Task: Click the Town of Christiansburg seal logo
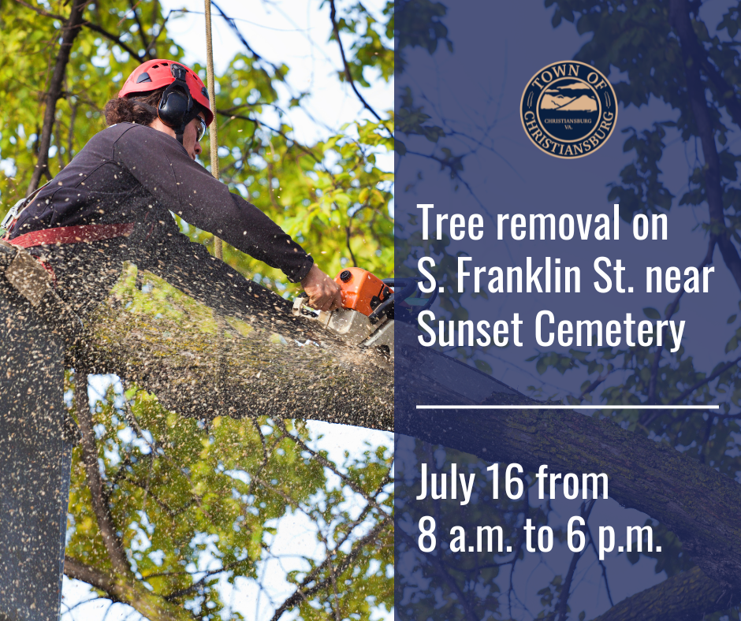[568, 110]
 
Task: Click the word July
[447, 484]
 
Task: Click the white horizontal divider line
[567, 407]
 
